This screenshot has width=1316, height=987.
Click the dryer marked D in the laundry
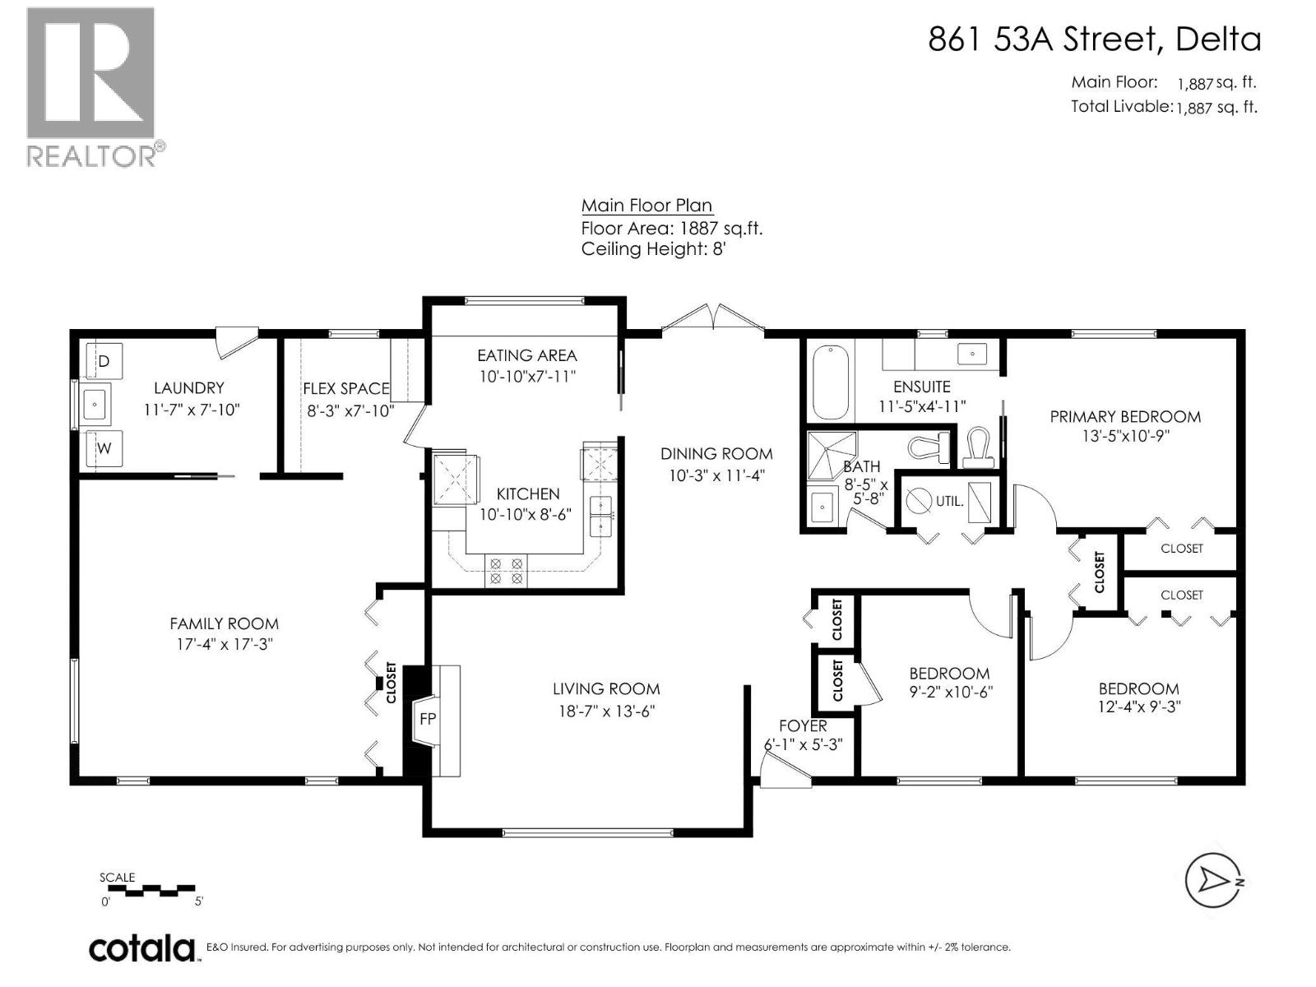(104, 360)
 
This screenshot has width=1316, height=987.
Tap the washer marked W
(104, 447)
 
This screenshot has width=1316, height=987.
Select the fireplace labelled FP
(427, 719)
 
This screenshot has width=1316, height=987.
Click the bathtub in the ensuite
(831, 382)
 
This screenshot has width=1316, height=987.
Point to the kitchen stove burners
(505, 571)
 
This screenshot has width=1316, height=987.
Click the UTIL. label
(950, 501)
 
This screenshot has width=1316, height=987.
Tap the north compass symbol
(1213, 881)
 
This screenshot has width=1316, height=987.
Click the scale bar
(151, 891)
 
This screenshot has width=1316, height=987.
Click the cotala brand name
(142, 948)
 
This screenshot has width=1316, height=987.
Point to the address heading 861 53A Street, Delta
(1094, 39)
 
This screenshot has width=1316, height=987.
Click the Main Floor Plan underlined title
(647, 206)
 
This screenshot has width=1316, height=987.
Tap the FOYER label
(803, 726)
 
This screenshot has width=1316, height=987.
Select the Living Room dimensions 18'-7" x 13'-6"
(606, 711)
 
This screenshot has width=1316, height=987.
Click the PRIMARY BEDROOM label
(1125, 416)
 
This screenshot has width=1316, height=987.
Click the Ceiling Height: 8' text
(654, 248)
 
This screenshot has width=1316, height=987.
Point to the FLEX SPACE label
(346, 389)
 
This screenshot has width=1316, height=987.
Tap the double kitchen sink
(600, 516)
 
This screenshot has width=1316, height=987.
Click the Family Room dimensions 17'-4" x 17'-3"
(225, 645)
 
